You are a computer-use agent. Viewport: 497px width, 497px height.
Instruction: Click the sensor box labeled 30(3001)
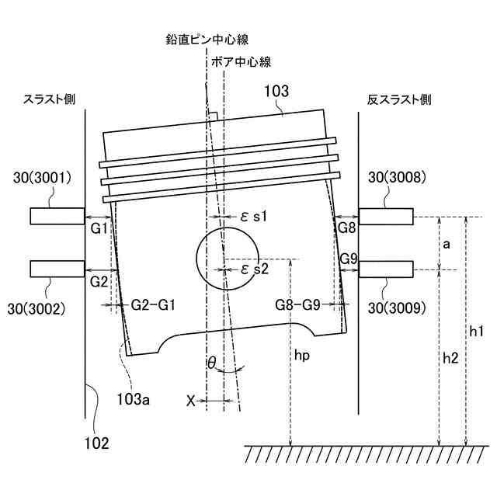[x=56, y=216]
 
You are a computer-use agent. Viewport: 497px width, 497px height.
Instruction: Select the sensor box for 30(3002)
[x=56, y=269]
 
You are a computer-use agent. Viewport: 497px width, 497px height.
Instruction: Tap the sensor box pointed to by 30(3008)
[x=385, y=216]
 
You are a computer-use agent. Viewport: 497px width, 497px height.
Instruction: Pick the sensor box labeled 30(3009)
[x=385, y=269]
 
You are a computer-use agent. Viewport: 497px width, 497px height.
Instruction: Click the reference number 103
[x=277, y=92]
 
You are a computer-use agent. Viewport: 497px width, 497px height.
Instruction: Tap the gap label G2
[x=99, y=280]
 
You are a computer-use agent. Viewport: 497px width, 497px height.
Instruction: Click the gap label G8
[x=346, y=228]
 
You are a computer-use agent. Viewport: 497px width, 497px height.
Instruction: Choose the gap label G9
[x=348, y=259]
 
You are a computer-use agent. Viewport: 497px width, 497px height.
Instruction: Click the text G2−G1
[x=150, y=305]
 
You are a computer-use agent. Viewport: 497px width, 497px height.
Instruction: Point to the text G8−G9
[x=298, y=305]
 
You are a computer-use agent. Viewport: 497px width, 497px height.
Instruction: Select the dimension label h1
[x=478, y=332]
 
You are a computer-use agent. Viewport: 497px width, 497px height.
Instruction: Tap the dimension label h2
[x=450, y=358]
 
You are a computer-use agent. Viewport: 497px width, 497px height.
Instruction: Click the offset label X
[x=191, y=401]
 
